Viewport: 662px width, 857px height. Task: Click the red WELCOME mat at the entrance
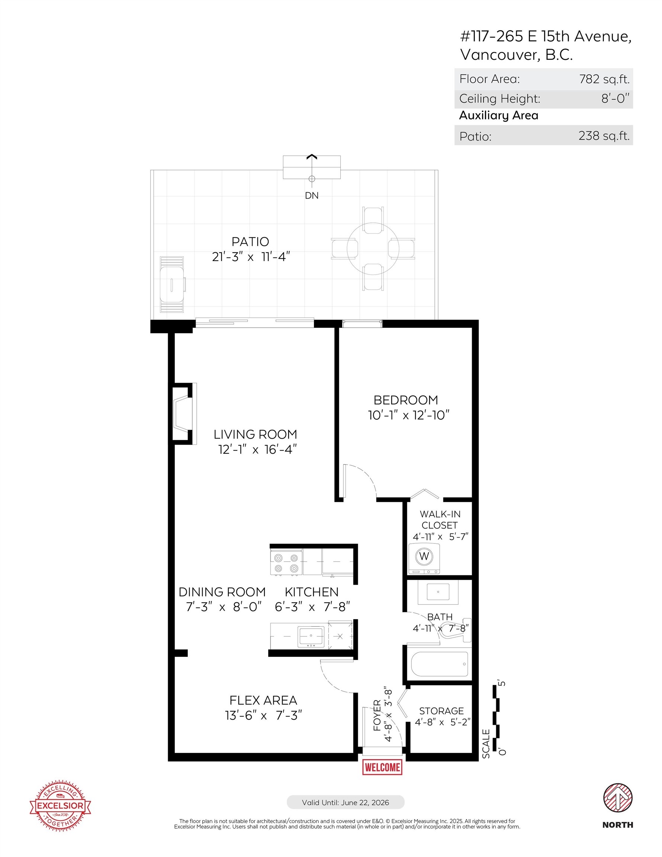382,767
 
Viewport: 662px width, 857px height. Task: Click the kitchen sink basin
311,636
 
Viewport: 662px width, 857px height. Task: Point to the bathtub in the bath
439,664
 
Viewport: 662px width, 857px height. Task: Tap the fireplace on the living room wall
183,414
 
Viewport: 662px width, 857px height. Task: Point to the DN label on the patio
312,195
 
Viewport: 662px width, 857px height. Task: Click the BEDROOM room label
405,400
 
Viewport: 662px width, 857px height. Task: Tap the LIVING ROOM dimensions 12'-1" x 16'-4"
257,449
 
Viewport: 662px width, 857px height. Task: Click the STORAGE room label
441,711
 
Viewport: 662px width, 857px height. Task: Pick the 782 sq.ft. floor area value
604,79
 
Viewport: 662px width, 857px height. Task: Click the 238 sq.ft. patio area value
604,136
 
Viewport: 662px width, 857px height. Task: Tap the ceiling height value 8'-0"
615,99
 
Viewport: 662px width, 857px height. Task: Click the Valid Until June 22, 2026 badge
346,802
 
